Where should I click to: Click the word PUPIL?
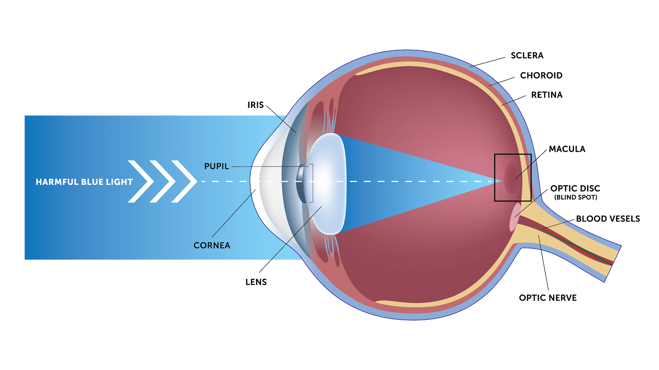(x=216, y=166)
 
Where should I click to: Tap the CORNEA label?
(x=212, y=245)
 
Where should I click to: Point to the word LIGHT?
(x=119, y=182)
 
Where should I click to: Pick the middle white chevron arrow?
(x=162, y=181)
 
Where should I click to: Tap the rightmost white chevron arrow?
(x=184, y=181)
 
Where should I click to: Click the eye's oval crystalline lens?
(x=327, y=183)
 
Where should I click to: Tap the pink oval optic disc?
(x=514, y=217)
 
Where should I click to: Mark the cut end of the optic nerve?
(x=612, y=264)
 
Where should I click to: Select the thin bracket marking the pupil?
(x=312, y=183)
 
